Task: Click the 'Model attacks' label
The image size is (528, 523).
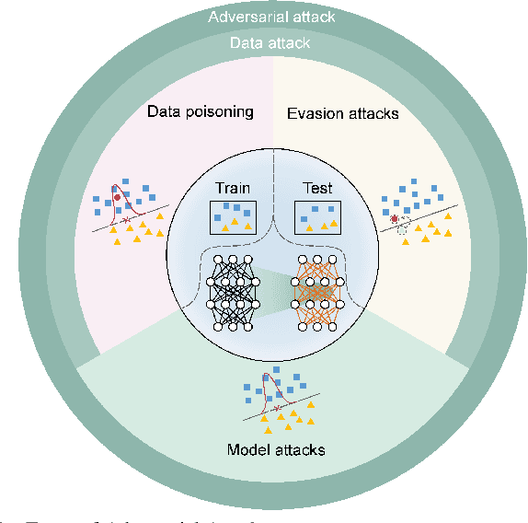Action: coord(277,449)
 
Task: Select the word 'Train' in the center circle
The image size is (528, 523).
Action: coord(233,188)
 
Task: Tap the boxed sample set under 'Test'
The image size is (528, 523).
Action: coord(317,216)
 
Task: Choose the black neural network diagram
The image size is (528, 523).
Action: coord(232,292)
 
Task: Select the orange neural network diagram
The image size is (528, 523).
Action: coord(316,292)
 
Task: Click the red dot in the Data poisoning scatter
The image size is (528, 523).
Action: coord(117,197)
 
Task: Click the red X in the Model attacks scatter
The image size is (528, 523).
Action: coord(276,407)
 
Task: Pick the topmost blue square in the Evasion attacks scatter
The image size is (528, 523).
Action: coord(410,188)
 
